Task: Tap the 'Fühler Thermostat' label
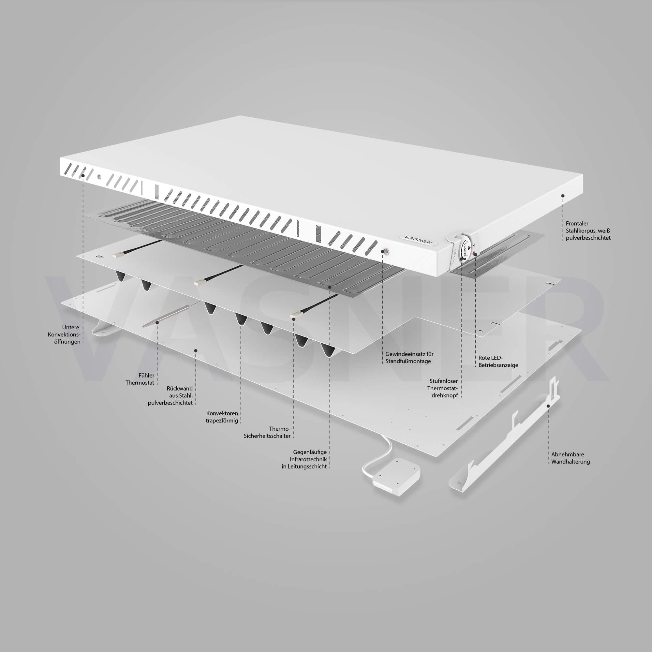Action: coord(140,379)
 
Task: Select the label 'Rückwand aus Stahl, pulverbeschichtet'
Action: coord(171,395)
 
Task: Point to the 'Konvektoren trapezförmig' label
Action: coord(222,417)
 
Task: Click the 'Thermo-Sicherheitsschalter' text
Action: coord(267,432)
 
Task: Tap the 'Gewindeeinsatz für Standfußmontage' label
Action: coord(409,358)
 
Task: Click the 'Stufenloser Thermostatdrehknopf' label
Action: coord(442,388)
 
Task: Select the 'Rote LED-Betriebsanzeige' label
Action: coord(498,362)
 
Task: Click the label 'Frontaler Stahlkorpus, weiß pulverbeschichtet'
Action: coord(588,230)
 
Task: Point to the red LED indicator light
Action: coord(476,253)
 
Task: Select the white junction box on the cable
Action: coord(396,477)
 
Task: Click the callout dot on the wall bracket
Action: coord(548,406)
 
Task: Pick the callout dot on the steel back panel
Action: coord(196,351)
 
